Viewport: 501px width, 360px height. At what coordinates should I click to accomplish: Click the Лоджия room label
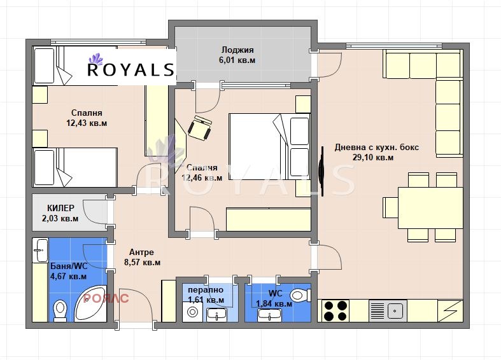click(237, 50)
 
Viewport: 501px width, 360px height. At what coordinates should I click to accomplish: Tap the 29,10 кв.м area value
click(373, 157)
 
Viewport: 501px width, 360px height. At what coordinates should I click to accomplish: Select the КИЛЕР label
click(60, 208)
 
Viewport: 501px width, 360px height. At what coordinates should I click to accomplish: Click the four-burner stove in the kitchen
click(335, 311)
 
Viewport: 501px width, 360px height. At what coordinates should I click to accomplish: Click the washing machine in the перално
click(193, 312)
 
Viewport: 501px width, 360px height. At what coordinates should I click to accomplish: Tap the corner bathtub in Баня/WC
click(90, 304)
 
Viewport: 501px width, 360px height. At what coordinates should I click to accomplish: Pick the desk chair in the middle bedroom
click(200, 128)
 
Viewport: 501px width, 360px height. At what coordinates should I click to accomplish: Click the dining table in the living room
click(430, 208)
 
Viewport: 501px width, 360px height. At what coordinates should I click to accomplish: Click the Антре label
click(141, 252)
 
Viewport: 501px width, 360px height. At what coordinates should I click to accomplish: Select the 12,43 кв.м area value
click(87, 123)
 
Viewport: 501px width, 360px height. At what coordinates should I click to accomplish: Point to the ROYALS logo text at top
click(131, 69)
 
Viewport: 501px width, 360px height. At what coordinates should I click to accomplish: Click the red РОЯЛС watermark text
click(106, 298)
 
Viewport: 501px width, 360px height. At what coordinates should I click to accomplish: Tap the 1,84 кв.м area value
click(274, 303)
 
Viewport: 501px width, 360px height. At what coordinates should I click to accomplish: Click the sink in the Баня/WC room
click(41, 250)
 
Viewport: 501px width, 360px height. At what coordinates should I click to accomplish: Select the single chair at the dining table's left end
click(390, 207)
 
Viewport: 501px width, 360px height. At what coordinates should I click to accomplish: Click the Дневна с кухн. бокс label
click(377, 147)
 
